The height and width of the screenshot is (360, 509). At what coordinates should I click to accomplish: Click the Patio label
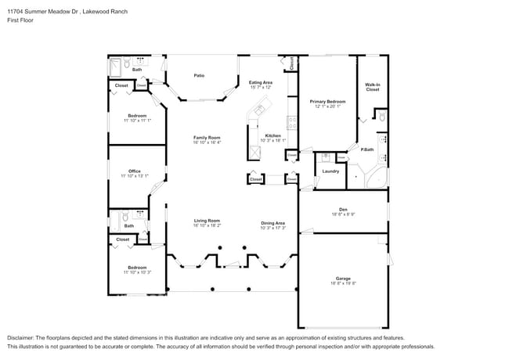(x=200, y=75)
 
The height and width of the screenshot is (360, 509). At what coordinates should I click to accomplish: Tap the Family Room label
(x=208, y=138)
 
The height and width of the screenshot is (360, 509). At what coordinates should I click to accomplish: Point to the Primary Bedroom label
(x=327, y=102)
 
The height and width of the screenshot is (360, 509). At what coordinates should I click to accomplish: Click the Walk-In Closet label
(x=372, y=87)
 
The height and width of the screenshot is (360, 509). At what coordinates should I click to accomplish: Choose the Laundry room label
(x=330, y=171)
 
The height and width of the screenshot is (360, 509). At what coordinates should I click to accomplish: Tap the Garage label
(x=343, y=279)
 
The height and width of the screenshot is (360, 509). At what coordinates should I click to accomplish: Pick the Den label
(x=343, y=209)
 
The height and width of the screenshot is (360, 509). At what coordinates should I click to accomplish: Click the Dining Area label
(x=273, y=223)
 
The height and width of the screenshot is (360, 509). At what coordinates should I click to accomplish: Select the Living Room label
(x=208, y=221)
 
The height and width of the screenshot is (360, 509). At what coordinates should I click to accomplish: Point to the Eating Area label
(x=260, y=82)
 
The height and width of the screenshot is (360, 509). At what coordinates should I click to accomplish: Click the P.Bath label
(x=367, y=149)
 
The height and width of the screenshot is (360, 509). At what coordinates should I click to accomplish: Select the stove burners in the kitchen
(x=292, y=123)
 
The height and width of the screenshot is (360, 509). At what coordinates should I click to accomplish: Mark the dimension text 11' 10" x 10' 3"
(x=136, y=272)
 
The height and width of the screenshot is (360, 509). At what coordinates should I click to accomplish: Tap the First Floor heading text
(x=21, y=20)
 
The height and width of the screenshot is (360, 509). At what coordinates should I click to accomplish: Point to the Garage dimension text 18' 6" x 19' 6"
(x=343, y=283)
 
